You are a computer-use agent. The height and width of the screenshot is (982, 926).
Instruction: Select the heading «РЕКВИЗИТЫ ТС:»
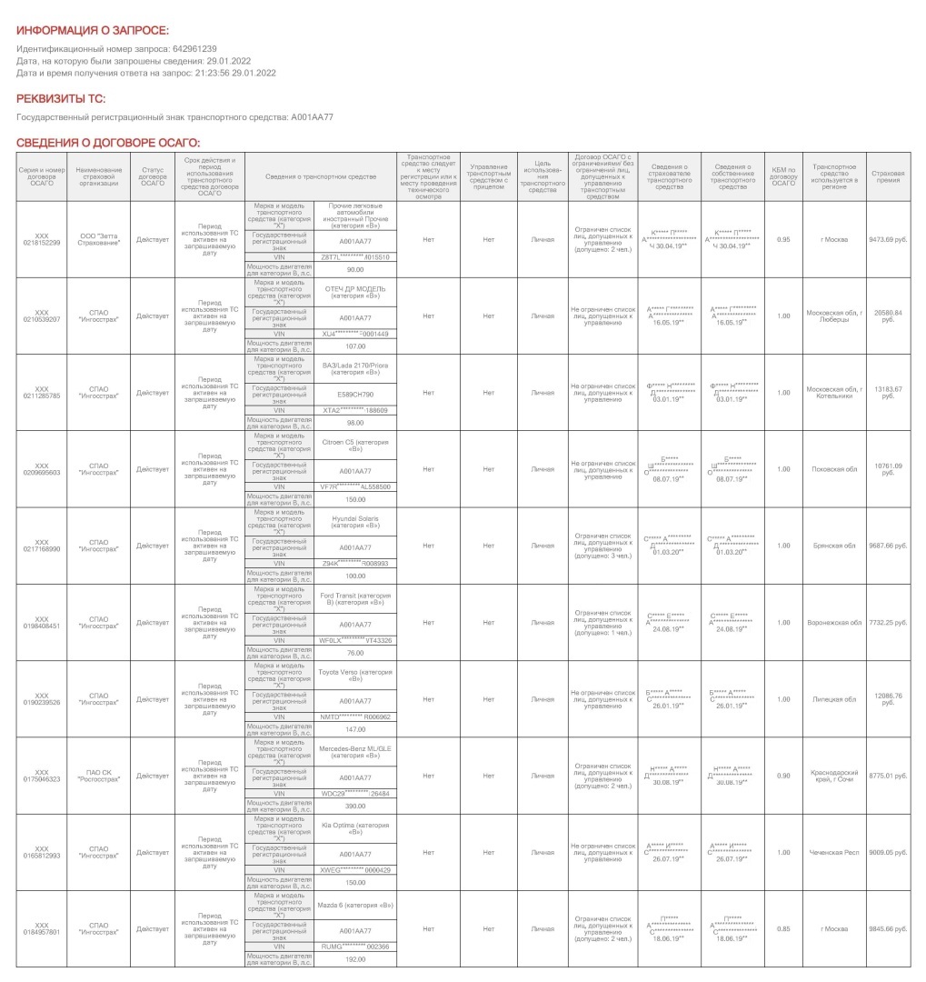[x=61, y=98]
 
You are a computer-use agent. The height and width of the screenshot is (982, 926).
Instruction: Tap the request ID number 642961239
[x=194, y=48]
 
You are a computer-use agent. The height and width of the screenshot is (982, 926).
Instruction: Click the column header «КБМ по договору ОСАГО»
[x=783, y=175]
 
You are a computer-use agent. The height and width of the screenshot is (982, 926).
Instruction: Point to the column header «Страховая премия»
[x=888, y=175]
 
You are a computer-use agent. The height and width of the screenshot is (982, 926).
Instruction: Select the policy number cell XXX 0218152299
[x=41, y=239]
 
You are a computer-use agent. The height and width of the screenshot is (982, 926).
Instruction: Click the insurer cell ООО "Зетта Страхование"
[x=99, y=239]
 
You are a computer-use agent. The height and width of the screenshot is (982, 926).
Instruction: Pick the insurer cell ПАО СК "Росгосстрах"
[x=99, y=775]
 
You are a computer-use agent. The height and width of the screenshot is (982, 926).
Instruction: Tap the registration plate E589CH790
[x=355, y=395]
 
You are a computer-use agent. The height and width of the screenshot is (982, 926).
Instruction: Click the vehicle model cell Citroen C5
[x=355, y=446]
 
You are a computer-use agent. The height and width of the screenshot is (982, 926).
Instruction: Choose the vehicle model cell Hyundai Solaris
[x=355, y=522]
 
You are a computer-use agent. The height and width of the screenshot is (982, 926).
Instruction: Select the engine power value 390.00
[x=355, y=806]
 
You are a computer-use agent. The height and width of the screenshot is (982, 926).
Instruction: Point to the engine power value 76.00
[x=355, y=653]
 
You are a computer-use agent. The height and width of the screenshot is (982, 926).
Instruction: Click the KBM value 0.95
[x=783, y=239]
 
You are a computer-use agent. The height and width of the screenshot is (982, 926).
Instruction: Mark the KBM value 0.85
[x=783, y=928]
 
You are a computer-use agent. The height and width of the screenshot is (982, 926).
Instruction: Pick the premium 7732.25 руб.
[x=888, y=622]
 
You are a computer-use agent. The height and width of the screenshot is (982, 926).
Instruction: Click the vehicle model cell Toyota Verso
[x=355, y=675]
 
